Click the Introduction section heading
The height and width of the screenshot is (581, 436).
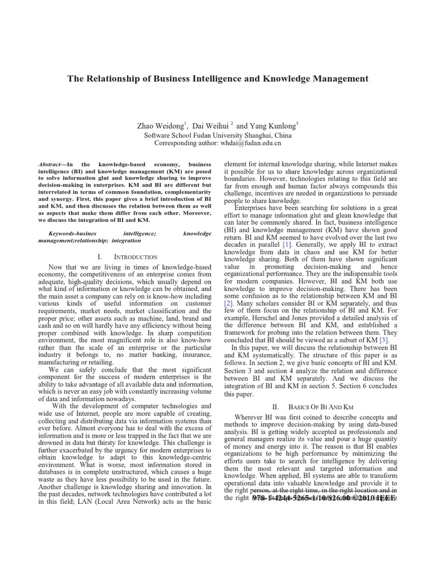click(135, 257)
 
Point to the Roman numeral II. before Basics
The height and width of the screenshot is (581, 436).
click(276, 407)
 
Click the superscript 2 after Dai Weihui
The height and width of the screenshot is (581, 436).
click(224, 123)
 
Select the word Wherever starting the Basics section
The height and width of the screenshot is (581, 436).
click(250, 418)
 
